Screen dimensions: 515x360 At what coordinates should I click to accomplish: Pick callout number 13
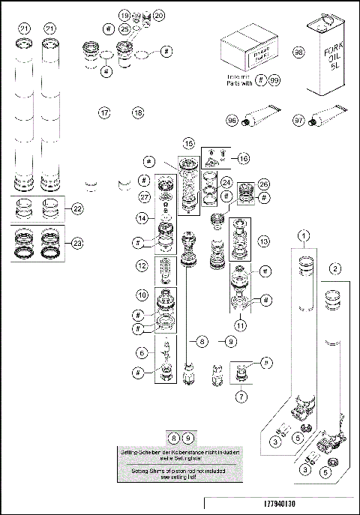[x=262, y=241]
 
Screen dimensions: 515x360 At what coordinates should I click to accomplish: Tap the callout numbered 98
[x=298, y=53]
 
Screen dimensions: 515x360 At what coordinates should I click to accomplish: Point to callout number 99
[x=274, y=79]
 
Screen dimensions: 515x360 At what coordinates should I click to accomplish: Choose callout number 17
[x=105, y=112]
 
